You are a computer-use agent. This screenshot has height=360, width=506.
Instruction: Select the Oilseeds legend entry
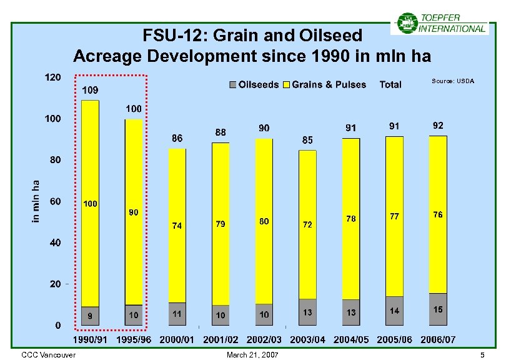[253, 84]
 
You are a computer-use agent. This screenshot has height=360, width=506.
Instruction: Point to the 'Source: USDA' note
[453, 81]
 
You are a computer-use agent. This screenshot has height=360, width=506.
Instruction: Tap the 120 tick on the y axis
[52, 77]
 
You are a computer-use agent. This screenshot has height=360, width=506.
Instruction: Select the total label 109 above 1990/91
[91, 90]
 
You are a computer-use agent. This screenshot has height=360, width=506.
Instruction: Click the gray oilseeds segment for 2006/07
[438, 309]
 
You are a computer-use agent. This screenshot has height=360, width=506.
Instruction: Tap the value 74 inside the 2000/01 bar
[177, 226]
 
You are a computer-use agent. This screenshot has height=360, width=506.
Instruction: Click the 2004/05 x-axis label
[351, 339]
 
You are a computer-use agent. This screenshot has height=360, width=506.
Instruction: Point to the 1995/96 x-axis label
[134, 339]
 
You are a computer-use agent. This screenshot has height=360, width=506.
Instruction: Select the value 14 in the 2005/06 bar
[395, 311]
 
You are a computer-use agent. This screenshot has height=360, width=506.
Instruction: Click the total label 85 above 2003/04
[307, 141]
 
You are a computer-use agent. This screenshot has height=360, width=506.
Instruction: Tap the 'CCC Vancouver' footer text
[49, 355]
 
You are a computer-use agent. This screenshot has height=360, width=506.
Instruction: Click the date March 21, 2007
[254, 355]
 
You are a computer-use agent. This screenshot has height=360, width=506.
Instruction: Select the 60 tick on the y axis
[55, 201]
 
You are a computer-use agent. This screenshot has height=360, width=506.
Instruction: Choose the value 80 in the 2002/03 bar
[264, 221]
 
